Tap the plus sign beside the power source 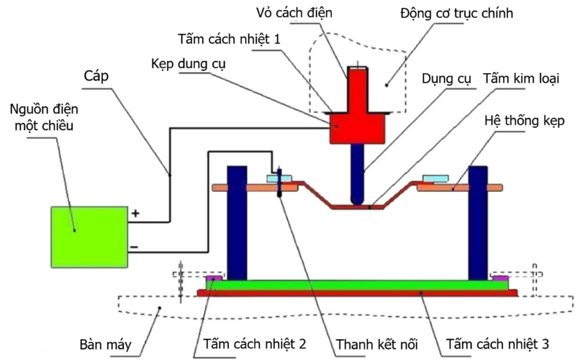pyautogui.click(x=136, y=214)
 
